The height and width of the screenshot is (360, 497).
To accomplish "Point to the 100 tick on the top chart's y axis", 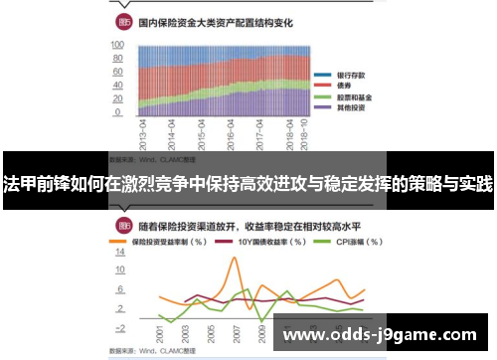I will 116,46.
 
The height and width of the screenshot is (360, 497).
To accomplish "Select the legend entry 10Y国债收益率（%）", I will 260,242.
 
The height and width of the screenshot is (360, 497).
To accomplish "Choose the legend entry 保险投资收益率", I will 166,242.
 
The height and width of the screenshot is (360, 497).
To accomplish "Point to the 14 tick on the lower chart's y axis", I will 120,252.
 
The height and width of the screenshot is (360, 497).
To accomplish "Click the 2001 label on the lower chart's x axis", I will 159,337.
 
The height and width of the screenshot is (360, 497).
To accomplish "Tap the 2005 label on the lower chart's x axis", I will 210,337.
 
